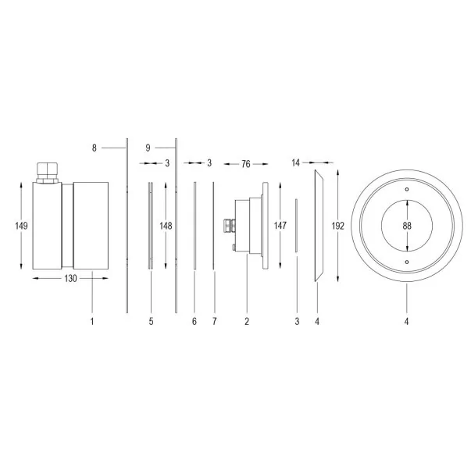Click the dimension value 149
click(21, 226)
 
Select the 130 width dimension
click(70, 278)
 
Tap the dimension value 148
click(166, 226)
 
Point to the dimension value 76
click(246, 164)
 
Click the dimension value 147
click(280, 226)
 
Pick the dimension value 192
click(338, 226)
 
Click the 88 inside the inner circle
click(407, 226)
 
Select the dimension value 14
click(295, 162)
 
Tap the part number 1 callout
click(92, 321)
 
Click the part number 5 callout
click(151, 321)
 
